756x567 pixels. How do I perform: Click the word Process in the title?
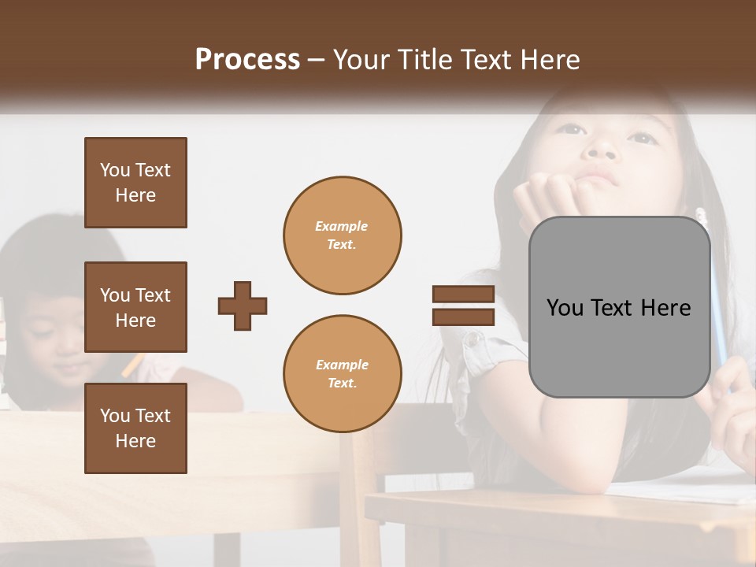click(x=247, y=60)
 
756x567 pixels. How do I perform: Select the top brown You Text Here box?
click(x=135, y=183)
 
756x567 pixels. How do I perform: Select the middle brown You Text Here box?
click(x=135, y=307)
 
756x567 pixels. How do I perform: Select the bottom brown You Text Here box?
click(x=135, y=428)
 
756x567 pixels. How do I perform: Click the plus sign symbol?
click(x=243, y=306)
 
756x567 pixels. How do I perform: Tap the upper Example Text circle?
click(x=342, y=235)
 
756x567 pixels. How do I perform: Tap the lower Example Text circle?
click(x=342, y=374)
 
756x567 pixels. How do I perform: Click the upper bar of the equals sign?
click(x=463, y=295)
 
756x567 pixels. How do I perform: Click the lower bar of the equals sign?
click(x=463, y=317)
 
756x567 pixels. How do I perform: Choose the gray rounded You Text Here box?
click(x=619, y=307)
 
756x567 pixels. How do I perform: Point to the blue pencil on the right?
click(x=718, y=315)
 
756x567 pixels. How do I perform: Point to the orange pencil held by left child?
click(x=132, y=362)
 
